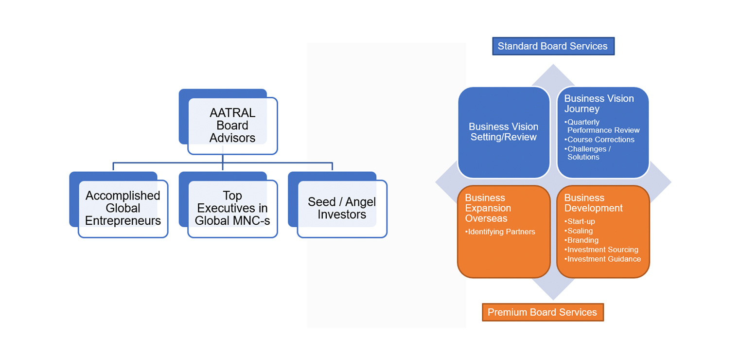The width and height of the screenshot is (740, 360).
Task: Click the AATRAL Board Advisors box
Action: [232, 126]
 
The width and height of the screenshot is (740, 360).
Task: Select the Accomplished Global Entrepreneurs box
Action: [123, 208]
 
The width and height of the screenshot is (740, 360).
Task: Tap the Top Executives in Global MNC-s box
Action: [232, 208]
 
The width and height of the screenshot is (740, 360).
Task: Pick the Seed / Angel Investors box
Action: [342, 208]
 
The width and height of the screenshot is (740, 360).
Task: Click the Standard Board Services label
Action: [553, 46]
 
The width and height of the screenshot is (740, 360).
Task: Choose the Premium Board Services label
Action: [542, 312]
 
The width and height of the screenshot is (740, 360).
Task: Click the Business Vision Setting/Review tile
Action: [503, 132]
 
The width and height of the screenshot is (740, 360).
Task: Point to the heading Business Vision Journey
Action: [599, 104]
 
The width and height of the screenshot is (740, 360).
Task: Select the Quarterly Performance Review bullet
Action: [603, 126]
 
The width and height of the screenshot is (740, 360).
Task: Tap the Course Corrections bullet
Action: [600, 140]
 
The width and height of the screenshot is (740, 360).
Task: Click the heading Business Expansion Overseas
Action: [488, 208]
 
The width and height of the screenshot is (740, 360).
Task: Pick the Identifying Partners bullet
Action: [501, 232]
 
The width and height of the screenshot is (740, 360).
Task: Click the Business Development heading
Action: [593, 203]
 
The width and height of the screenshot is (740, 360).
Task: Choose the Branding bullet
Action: [582, 240]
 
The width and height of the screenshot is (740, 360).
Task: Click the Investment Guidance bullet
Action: [603, 259]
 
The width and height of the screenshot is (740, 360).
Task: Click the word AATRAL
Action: [232, 113]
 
